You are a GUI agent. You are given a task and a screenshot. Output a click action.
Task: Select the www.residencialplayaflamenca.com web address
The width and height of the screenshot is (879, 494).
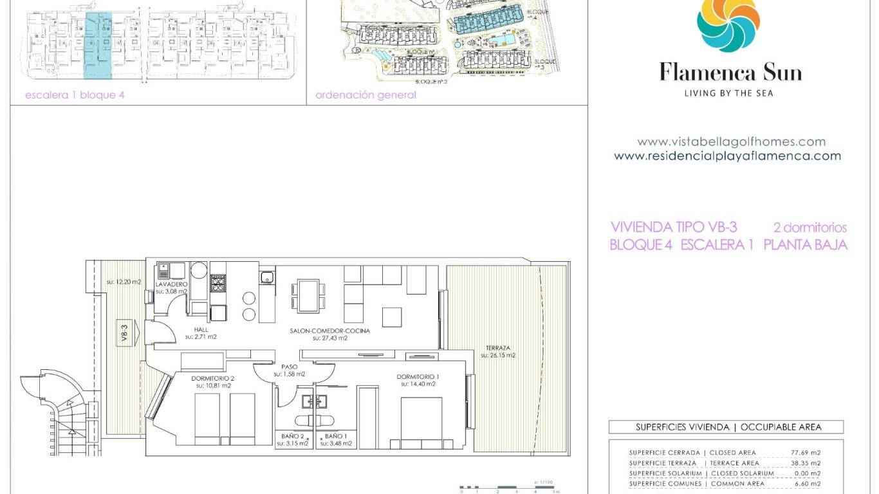727,156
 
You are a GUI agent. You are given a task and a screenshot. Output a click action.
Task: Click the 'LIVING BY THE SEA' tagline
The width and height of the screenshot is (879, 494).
728,93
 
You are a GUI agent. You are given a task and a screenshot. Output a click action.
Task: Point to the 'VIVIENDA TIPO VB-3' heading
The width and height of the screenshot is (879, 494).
673,227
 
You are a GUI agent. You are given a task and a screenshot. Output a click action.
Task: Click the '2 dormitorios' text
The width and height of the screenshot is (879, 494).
810,228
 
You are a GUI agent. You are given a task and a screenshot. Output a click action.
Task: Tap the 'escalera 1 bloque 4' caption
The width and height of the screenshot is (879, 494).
74,95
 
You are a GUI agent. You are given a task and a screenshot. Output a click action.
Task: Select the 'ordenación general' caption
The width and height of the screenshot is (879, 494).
365,95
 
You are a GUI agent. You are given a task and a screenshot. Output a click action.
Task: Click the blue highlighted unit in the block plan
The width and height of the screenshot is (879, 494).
98,45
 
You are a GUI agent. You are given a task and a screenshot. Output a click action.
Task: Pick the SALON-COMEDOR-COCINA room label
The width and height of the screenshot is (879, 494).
329,331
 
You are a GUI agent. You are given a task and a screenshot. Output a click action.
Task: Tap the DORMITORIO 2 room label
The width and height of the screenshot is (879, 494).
213,378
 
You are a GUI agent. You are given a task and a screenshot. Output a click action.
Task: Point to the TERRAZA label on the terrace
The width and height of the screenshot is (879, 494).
497,348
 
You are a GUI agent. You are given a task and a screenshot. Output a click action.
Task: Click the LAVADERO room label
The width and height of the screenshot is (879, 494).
171,284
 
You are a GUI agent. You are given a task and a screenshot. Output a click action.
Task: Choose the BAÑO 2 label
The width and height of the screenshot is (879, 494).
292,435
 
